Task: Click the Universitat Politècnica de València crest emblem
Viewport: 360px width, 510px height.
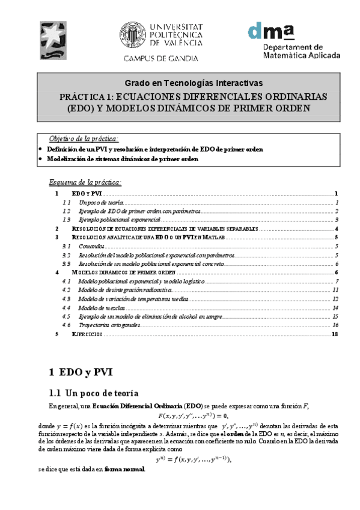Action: pos(132,35)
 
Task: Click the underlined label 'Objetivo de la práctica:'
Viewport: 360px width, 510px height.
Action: pos(84,138)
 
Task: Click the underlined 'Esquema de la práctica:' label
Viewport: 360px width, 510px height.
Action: pos(85,182)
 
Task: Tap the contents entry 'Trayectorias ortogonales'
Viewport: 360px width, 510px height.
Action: pos(109,325)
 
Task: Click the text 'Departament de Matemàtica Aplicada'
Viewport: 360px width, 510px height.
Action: pos(302,51)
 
